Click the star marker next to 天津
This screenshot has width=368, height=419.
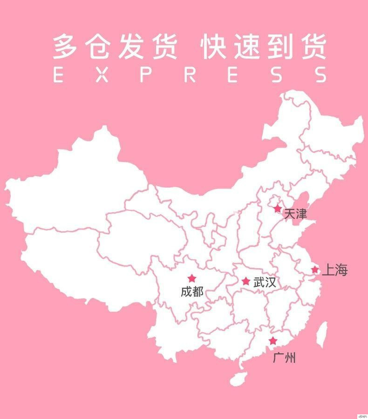pyautogui.click(x=278, y=209)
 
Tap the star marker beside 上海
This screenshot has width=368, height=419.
pyautogui.click(x=315, y=270)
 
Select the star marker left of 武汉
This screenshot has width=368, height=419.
pyautogui.click(x=245, y=281)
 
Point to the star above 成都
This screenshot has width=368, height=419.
pyautogui.click(x=191, y=278)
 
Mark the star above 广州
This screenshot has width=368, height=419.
pyautogui.click(x=273, y=341)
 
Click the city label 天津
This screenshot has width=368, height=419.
pyautogui.click(x=295, y=214)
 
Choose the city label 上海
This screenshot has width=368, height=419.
pyautogui.click(x=334, y=270)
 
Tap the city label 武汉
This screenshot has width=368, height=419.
pyautogui.click(x=265, y=282)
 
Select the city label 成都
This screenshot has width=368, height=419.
pyautogui.click(x=192, y=292)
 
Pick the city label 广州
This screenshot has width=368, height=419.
pyautogui.click(x=285, y=358)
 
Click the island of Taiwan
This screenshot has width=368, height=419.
pyautogui.click(x=321, y=335)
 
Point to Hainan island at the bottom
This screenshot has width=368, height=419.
pyautogui.click(x=238, y=378)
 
